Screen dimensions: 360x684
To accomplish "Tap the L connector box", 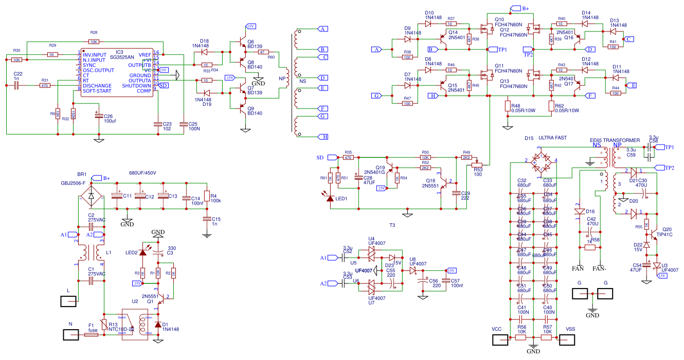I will [x=69, y=301].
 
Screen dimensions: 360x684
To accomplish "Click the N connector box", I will [x=72, y=335].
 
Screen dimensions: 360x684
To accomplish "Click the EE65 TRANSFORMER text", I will [x=615, y=140].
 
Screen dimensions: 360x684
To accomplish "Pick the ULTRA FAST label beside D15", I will [x=552, y=138].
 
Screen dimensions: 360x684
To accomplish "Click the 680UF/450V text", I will [x=142, y=173].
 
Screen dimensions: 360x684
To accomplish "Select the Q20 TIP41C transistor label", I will [x=667, y=231].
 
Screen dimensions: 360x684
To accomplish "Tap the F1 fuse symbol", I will [x=91, y=335].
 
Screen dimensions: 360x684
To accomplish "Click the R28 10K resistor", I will [x=93, y=41].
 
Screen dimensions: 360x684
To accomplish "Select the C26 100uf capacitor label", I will [x=109, y=119].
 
